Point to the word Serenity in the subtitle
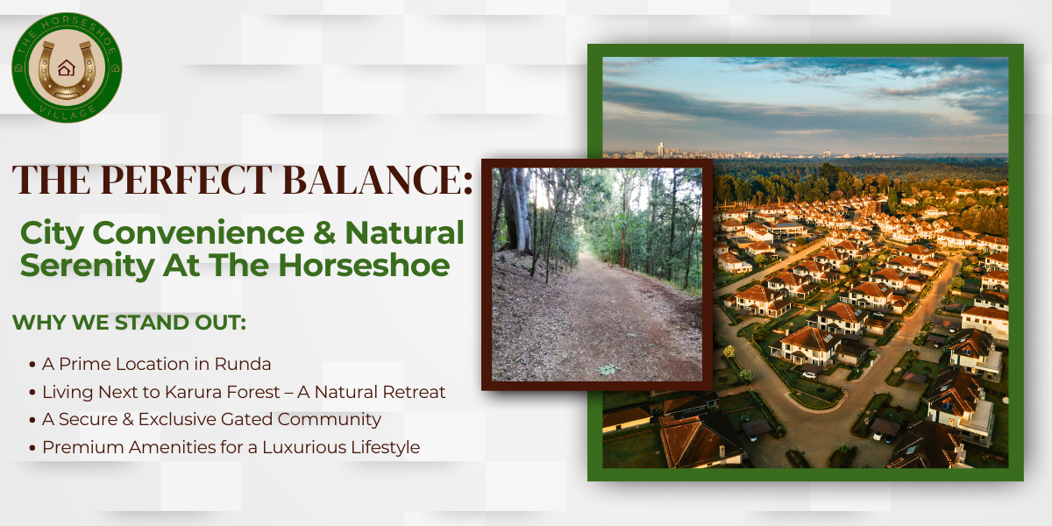pos(77,264)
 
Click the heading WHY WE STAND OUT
pos(129,322)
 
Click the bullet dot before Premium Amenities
pos(32,448)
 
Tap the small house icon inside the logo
pos(66,68)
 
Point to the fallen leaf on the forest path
pos(607,369)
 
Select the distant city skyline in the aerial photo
pos(684,151)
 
